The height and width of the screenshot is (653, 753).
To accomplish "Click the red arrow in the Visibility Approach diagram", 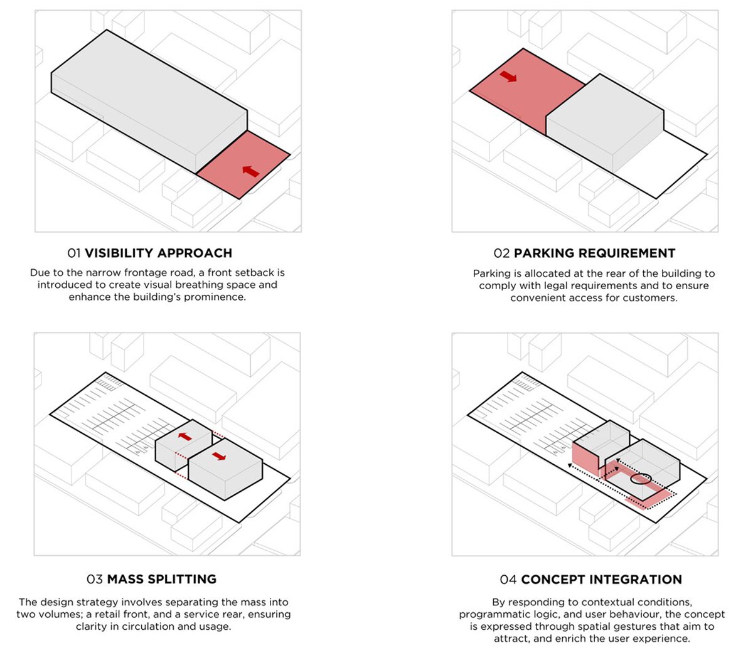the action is pyautogui.click(x=250, y=171).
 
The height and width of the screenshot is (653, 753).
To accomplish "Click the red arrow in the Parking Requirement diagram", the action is pyautogui.click(x=508, y=76).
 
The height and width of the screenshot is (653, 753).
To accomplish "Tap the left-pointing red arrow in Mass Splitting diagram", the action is pyautogui.click(x=184, y=437).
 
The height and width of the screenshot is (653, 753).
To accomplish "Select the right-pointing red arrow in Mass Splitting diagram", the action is pyautogui.click(x=219, y=456).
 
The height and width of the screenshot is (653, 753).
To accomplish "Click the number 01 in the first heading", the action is pyautogui.click(x=74, y=253).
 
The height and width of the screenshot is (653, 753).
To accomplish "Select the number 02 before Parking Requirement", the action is pyautogui.click(x=501, y=253).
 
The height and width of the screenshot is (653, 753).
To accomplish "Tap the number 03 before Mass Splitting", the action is pyautogui.click(x=95, y=579).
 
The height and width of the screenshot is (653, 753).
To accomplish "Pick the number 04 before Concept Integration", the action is pyautogui.click(x=508, y=580).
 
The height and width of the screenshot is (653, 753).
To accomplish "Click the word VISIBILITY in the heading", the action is pyautogui.click(x=119, y=253).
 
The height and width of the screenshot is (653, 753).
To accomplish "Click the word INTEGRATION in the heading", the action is pyautogui.click(x=636, y=580).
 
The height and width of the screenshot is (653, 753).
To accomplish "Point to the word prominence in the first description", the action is pyautogui.click(x=215, y=297).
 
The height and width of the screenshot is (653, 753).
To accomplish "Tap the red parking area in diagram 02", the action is pyautogui.click(x=527, y=91).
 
